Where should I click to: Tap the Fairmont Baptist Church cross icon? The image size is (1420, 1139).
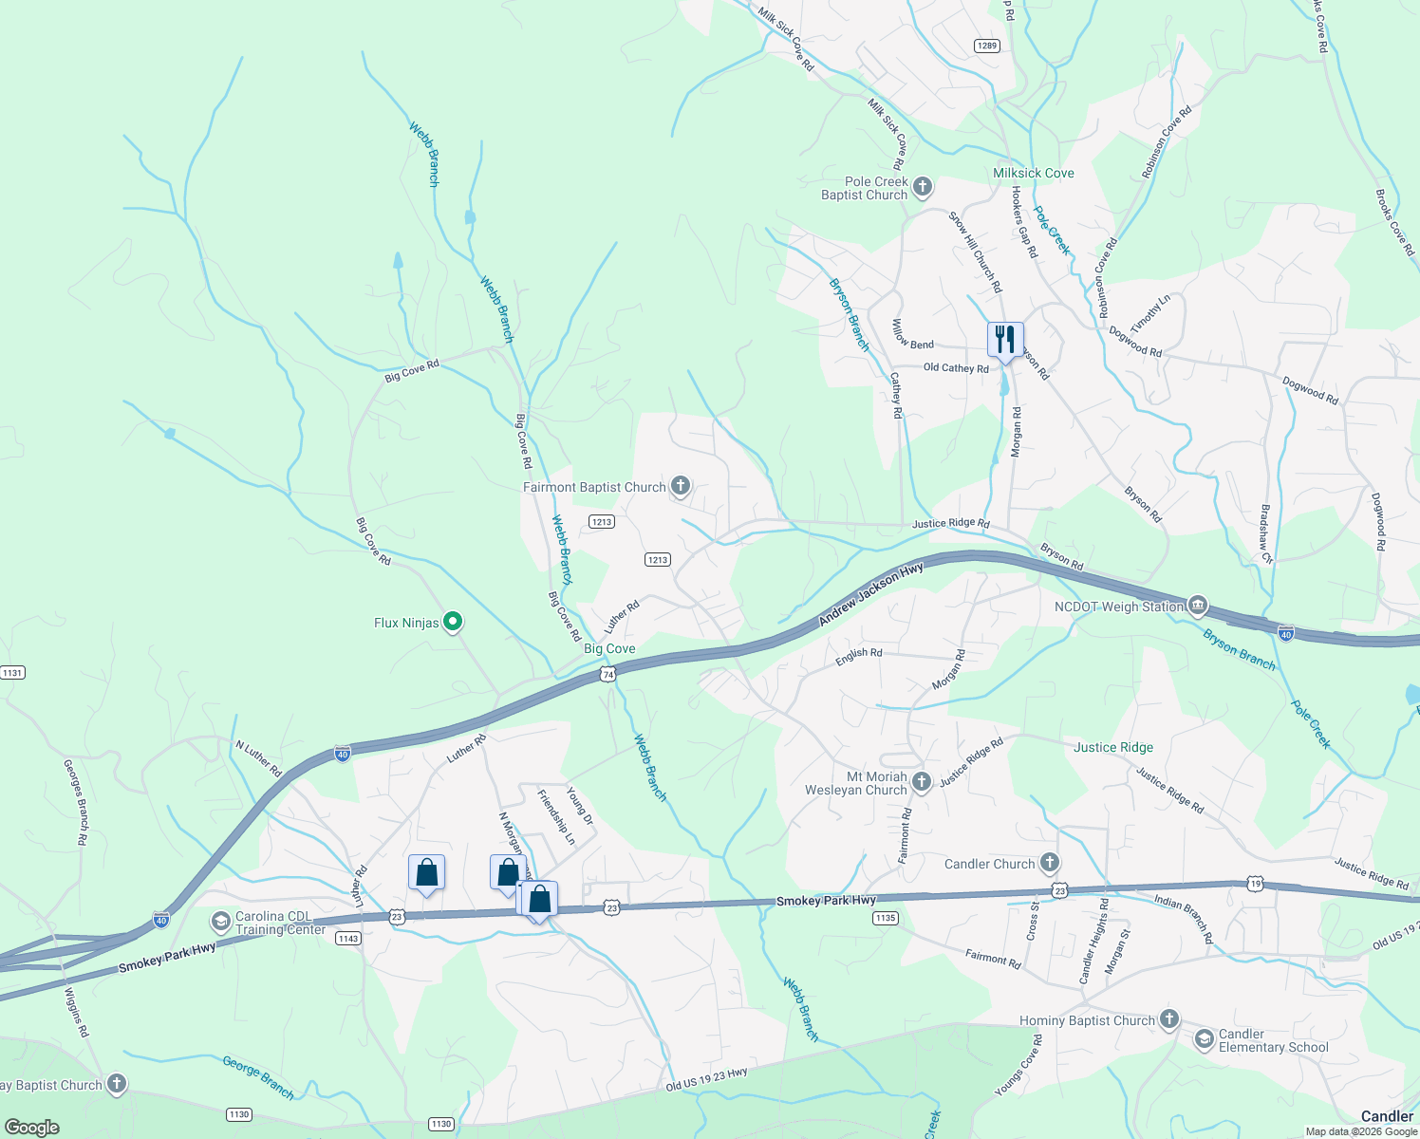coord(680,487)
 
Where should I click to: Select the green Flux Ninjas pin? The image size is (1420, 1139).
coord(454,623)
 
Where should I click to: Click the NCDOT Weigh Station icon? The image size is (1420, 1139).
coord(1198,606)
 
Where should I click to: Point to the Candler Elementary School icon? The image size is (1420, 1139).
coord(1204,1040)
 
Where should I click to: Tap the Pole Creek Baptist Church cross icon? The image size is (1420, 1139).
coord(923,188)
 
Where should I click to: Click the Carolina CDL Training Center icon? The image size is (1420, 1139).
coord(220,923)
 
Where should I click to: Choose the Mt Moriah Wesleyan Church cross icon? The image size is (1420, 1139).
coord(921,782)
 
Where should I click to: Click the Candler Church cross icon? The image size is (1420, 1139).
coord(1049,863)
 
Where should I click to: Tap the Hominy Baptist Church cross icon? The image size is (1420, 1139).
coord(1168,1020)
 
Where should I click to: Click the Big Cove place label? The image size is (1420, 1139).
coord(609,649)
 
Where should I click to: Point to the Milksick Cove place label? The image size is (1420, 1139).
coord(1033,173)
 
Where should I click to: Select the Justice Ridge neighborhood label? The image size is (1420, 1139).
coord(1112,747)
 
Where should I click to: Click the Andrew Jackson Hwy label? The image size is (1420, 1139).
coord(871,594)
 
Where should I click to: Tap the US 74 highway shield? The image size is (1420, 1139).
coord(608,674)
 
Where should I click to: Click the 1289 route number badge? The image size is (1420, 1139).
coord(987,46)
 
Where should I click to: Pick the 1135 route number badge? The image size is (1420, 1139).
coord(885,918)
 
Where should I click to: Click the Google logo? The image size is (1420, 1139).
coord(32,1127)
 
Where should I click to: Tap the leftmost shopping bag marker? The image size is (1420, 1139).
coord(426,873)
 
